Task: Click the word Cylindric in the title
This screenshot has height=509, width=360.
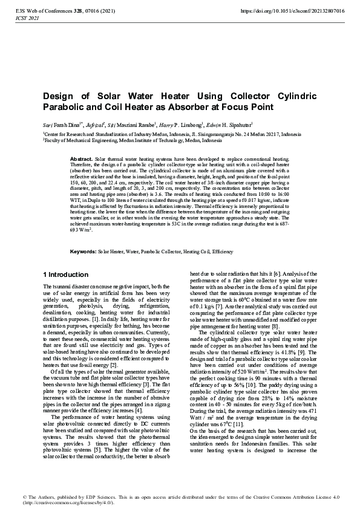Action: pos(291,97)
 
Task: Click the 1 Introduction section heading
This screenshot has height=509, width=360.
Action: pos(67,274)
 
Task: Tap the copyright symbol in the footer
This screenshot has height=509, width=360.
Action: pos(26,497)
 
